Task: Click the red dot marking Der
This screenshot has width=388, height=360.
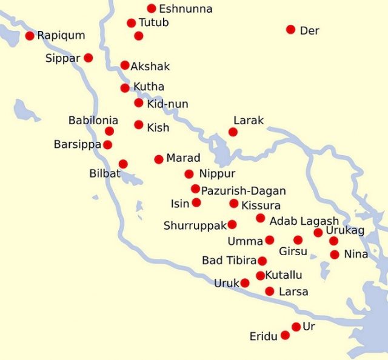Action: [x=291, y=30]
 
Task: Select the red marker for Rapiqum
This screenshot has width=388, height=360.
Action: [x=30, y=36]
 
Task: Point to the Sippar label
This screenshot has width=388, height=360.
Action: [x=63, y=59]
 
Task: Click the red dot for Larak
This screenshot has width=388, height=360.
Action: [x=233, y=132]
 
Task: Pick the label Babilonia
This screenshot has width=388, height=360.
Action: [x=93, y=121]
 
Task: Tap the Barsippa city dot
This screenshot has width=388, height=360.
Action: [x=107, y=145]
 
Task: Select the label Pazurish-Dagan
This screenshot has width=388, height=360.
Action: [x=243, y=191]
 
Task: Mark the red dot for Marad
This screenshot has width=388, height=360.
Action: [x=159, y=159]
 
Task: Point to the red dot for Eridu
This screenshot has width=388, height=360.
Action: [x=285, y=335]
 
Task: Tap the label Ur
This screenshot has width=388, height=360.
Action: [x=309, y=326]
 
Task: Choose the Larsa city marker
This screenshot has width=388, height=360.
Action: [x=270, y=292]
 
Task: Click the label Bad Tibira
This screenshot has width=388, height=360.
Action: [x=228, y=261]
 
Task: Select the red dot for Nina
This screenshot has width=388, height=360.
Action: [x=335, y=255]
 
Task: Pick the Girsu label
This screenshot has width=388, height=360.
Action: [x=293, y=252]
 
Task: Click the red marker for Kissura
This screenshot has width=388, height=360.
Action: [x=234, y=204]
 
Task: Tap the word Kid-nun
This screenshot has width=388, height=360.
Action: [x=167, y=104]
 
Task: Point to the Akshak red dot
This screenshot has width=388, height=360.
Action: [x=125, y=65]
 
